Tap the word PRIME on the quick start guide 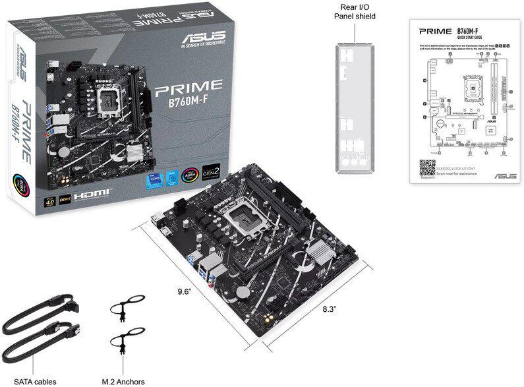[436, 31]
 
